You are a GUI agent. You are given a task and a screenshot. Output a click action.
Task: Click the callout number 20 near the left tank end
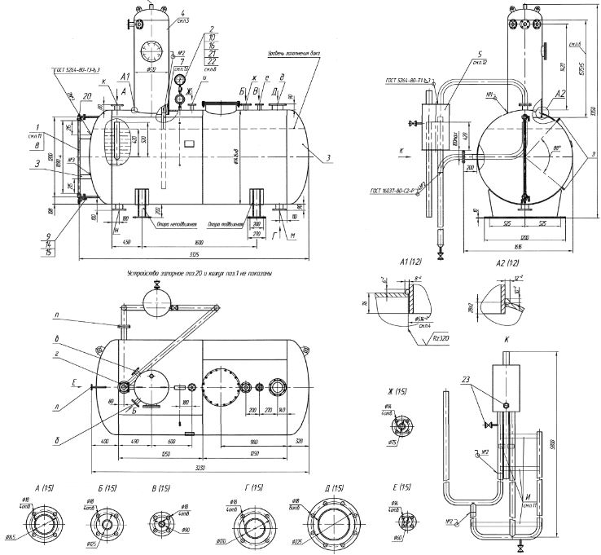pyautogui.click(x=86, y=96)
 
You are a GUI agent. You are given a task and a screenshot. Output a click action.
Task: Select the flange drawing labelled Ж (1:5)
pyautogui.click(x=401, y=425)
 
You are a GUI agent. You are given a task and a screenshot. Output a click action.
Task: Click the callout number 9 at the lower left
pyautogui.click(x=49, y=237)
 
